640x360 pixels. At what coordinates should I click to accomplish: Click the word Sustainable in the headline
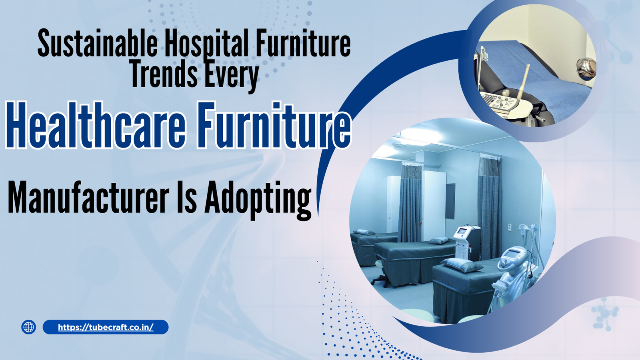tap(97, 44)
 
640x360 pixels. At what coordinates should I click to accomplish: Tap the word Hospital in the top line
tap(206, 44)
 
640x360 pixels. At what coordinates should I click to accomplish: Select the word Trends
tap(164, 75)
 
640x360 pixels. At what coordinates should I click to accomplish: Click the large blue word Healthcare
tap(96, 125)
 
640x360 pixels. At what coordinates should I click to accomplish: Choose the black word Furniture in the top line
tap(303, 44)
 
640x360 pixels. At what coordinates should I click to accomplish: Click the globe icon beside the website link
tap(28, 327)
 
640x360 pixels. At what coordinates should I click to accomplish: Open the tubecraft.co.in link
tap(106, 327)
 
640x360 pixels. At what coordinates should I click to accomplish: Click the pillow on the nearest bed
tap(462, 264)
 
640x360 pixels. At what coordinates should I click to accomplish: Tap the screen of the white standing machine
tap(462, 231)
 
